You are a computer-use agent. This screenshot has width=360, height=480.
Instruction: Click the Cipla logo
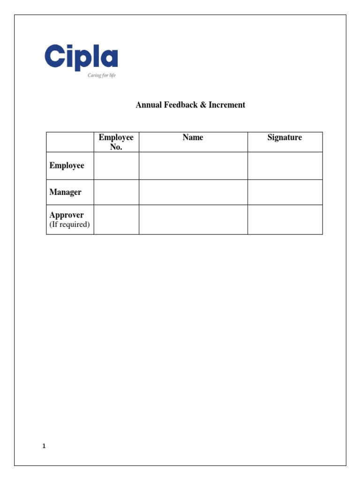81,58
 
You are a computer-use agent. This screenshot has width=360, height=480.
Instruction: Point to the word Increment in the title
227,105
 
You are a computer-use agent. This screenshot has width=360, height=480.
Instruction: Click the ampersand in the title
203,105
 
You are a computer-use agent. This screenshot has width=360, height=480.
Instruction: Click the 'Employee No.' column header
116,142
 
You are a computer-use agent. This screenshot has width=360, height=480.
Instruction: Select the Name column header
193,138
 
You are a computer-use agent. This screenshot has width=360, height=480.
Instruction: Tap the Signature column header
285,138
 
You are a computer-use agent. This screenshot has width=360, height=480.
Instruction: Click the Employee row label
67,166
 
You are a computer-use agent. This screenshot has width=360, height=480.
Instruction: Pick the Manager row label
66,192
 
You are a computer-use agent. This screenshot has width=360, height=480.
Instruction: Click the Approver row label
67,215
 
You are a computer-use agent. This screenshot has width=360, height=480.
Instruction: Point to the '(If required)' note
70,225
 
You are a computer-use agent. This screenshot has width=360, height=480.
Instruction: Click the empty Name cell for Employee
193,166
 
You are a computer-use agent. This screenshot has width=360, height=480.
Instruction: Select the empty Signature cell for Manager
285,192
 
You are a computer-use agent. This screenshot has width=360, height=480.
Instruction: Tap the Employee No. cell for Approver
116,219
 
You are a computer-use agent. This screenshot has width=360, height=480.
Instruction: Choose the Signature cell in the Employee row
285,166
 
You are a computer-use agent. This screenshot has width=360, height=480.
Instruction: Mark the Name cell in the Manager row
193,192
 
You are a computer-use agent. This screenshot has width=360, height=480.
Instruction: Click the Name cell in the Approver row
193,219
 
